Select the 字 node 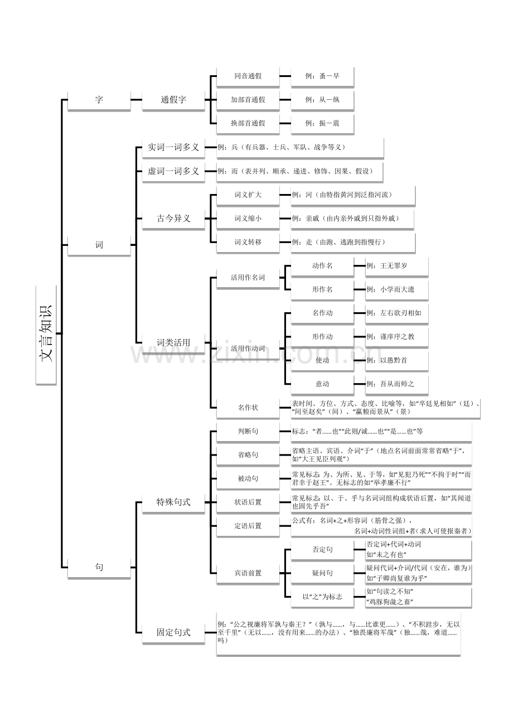pyautogui.click(x=99, y=100)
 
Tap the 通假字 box pyautogui.click(x=173, y=100)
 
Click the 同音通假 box pyautogui.click(x=248, y=76)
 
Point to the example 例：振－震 pyautogui.click(x=322, y=123)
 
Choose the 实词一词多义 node pyautogui.click(x=173, y=147)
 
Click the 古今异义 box pyautogui.click(x=173, y=219)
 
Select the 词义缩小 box pyautogui.click(x=248, y=219)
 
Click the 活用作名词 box pyautogui.click(x=248, y=277)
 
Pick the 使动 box pyautogui.click(x=322, y=360)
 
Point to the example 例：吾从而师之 pyautogui.click(x=396, y=384)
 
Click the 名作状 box pyautogui.click(x=248, y=408)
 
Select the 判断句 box pyautogui.click(x=248, y=431)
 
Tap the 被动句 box pyautogui.click(x=248, y=478)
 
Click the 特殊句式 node pyautogui.click(x=173, y=502)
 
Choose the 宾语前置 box pyautogui.click(x=248, y=573)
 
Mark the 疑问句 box pyautogui.click(x=322, y=573)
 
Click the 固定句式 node pyautogui.click(x=173, y=632)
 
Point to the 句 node pyautogui.click(x=99, y=567)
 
